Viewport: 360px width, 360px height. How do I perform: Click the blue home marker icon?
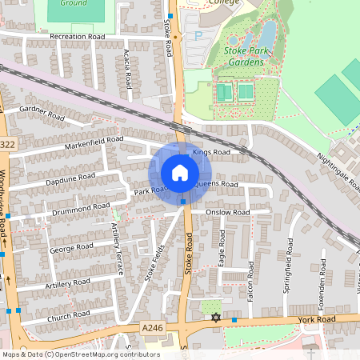tap(180, 173)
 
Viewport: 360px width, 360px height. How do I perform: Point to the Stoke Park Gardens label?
tap(246, 57)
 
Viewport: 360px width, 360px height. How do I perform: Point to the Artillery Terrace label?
tap(117, 249)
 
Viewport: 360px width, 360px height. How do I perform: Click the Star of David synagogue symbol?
tap(214, 318)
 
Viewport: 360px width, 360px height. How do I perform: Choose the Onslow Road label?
tap(227, 213)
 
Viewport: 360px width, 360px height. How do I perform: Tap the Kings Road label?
tap(210, 152)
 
